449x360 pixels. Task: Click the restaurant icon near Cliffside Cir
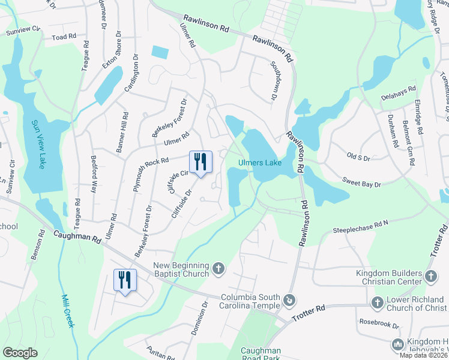(200, 161)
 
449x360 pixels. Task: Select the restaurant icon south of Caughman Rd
(125, 280)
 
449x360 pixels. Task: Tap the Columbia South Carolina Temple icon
(289, 298)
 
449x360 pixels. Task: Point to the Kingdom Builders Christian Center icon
(430, 276)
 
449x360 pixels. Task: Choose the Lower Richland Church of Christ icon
(378, 302)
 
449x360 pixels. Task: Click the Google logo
(20, 353)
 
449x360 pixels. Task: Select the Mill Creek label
(69, 310)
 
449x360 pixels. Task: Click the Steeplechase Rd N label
(361, 227)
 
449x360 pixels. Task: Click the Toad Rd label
(64, 37)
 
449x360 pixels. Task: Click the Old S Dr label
(360, 158)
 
